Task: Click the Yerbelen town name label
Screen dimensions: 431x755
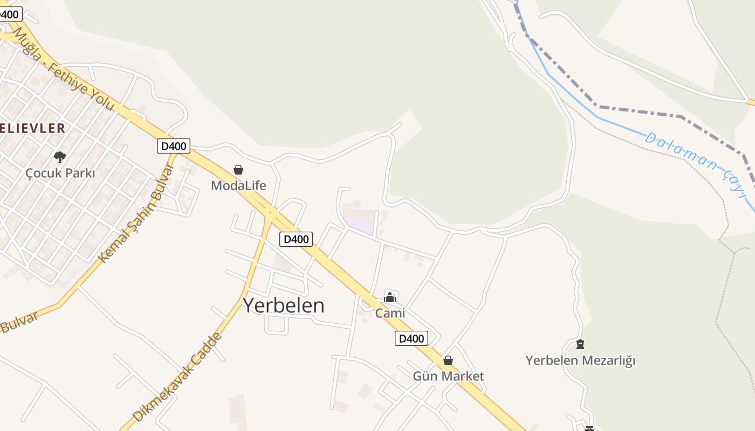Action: [x=284, y=305]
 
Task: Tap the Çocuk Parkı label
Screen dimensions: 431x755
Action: [x=60, y=173]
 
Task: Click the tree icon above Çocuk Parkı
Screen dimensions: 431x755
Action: [x=60, y=157]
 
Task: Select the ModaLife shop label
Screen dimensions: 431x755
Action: [x=238, y=185]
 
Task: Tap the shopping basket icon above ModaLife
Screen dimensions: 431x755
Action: [x=238, y=170]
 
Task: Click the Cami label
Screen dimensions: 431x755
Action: [x=390, y=313]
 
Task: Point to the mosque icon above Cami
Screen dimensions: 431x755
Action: [x=390, y=297]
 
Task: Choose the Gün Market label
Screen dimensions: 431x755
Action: [x=448, y=376]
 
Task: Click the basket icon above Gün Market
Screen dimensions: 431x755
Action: [x=448, y=360]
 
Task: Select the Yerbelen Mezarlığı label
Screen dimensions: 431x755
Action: [x=580, y=360]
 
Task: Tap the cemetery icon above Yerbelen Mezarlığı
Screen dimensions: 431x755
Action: [x=580, y=344]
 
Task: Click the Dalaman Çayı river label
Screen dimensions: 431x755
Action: [x=696, y=164]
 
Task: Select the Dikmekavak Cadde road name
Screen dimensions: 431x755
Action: [x=177, y=377]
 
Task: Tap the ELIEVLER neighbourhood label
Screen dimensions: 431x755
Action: [x=32, y=128]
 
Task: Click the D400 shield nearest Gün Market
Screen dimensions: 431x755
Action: [x=411, y=338]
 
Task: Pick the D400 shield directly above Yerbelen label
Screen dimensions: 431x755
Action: [x=296, y=239]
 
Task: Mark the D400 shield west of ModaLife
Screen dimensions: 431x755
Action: [x=174, y=146]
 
